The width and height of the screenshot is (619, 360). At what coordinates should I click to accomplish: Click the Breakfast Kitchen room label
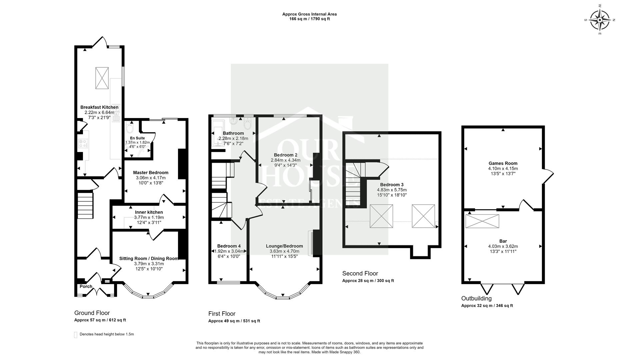pyautogui.click(x=99, y=107)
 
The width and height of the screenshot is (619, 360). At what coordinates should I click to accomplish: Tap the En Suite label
pyautogui.click(x=137, y=138)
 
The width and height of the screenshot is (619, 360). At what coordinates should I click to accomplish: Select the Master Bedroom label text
pyautogui.click(x=151, y=173)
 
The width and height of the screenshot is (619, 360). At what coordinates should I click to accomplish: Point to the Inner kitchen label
pyautogui.click(x=149, y=212)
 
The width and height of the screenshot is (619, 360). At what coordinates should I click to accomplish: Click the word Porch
pyautogui.click(x=86, y=286)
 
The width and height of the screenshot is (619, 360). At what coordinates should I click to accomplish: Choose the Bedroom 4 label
pyautogui.click(x=229, y=246)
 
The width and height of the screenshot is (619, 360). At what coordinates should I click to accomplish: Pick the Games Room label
pyautogui.click(x=503, y=163)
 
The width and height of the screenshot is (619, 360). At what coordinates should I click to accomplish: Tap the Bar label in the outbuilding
pyautogui.click(x=503, y=241)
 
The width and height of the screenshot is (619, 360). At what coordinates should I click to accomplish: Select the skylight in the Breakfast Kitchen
pyautogui.click(x=102, y=78)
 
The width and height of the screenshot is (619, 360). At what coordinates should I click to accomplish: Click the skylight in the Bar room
pyautogui.click(x=482, y=221)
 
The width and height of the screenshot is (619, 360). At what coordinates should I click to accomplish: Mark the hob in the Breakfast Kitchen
pyautogui.click(x=83, y=144)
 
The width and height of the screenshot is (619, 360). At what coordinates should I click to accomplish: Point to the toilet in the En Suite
pyautogui.click(x=130, y=129)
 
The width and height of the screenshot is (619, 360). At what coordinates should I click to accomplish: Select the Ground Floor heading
pyautogui.click(x=92, y=313)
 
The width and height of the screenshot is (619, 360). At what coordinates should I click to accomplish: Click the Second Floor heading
pyautogui.click(x=360, y=274)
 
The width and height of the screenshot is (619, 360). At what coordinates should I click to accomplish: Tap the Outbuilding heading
pyautogui.click(x=476, y=298)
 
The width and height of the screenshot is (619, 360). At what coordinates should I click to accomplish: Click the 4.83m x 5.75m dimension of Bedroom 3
pyautogui.click(x=392, y=190)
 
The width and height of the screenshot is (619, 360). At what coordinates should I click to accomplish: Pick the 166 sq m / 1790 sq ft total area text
pyautogui.click(x=310, y=19)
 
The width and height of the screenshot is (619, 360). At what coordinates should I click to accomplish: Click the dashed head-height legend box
pyautogui.click(x=76, y=335)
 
